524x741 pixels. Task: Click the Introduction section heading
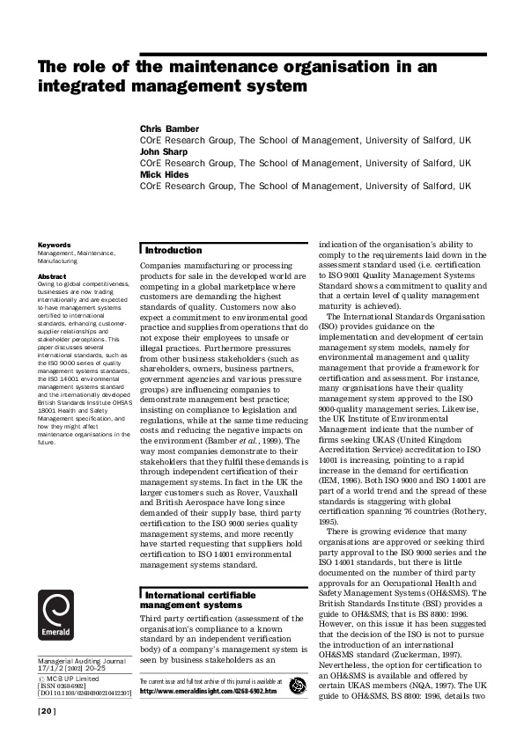[173, 250]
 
